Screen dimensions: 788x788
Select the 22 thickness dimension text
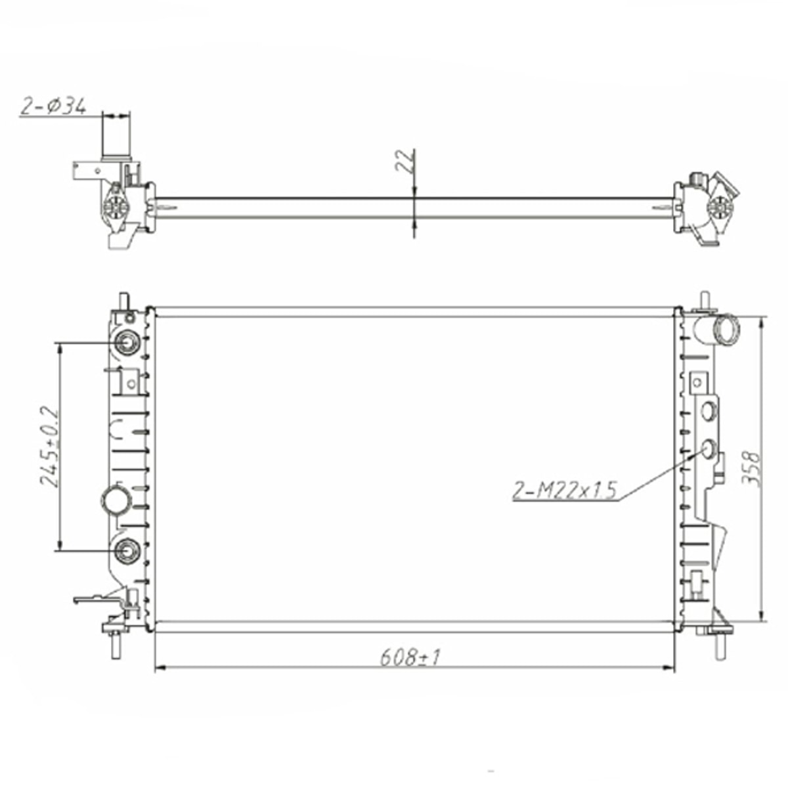[x=405, y=161]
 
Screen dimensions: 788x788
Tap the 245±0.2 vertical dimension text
[x=50, y=447]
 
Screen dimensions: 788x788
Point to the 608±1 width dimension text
[x=409, y=656]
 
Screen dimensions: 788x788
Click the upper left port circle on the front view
[x=127, y=343]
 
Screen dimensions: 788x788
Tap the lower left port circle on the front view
[x=127, y=550]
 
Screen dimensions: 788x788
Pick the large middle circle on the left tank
[x=117, y=501]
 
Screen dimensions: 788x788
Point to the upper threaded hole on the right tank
[x=709, y=412]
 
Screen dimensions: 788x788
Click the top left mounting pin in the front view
[x=123, y=301]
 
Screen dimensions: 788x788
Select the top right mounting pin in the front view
[x=705, y=299]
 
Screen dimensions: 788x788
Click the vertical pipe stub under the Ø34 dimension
[x=116, y=137]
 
